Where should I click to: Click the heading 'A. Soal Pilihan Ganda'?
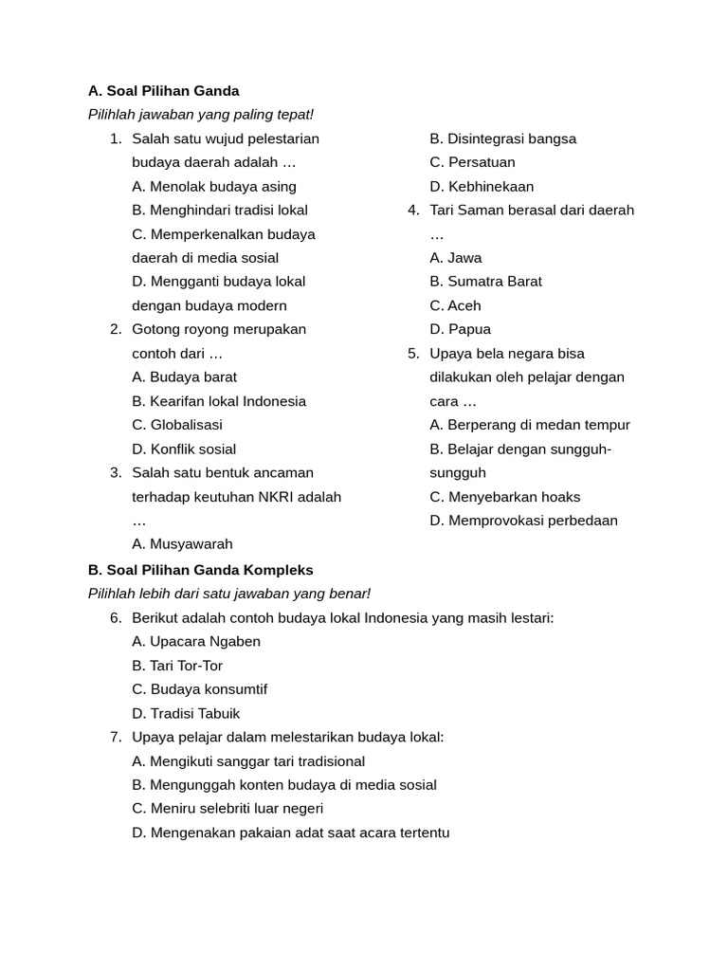click(163, 91)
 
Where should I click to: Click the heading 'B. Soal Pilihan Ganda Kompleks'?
click(200, 570)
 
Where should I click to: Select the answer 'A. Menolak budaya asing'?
click(214, 187)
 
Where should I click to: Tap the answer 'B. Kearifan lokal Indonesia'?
click(219, 401)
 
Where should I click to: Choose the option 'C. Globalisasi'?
click(177, 425)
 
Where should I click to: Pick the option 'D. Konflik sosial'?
click(184, 449)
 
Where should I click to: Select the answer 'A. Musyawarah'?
click(182, 544)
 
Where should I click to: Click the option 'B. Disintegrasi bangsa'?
click(502, 138)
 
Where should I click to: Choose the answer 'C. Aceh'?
click(455, 305)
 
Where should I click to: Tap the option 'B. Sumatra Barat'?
click(485, 282)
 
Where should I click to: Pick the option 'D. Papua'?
click(460, 329)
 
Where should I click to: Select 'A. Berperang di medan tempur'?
click(529, 425)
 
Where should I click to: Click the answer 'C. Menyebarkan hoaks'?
click(504, 497)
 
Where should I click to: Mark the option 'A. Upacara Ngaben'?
click(196, 641)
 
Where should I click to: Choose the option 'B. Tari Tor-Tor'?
click(177, 666)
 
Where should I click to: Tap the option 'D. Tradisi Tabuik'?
click(186, 713)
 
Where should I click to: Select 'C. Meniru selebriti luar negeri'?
click(227, 809)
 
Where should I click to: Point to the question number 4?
click(413, 211)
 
